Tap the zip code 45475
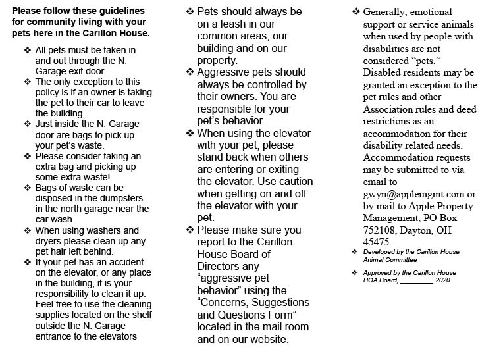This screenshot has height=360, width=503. [378, 242]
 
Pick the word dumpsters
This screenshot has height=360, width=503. [126, 198]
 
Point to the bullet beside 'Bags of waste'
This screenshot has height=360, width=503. [27, 188]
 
